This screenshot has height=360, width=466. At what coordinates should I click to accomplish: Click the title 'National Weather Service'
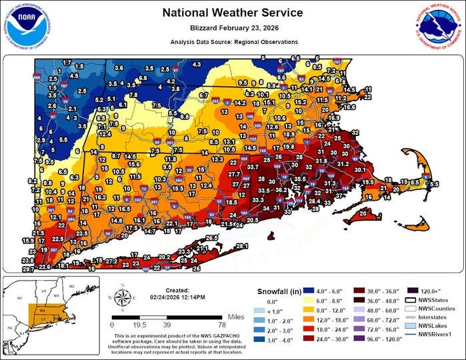pyautogui.click(x=233, y=13)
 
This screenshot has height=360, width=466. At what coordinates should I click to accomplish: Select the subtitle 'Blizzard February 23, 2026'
pyautogui.click(x=233, y=29)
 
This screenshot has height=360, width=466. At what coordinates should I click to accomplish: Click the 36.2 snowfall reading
pyautogui.click(x=283, y=191)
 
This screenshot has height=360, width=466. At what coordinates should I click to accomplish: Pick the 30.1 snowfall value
pyautogui.click(x=361, y=170)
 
